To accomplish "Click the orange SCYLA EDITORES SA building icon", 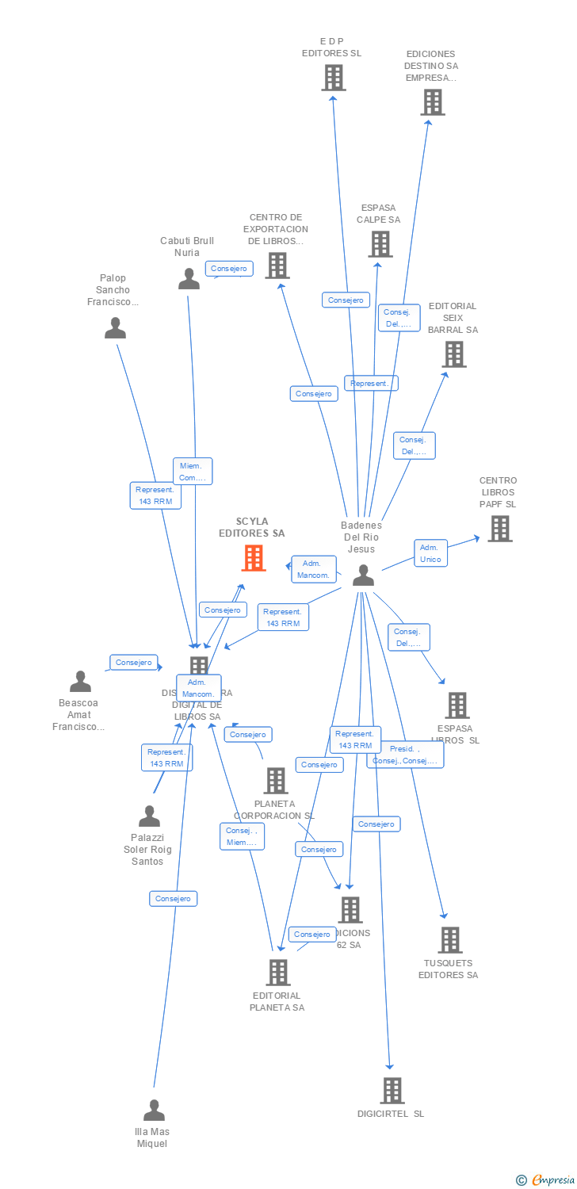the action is coord(254,558).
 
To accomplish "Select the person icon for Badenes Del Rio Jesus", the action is coord(363,575).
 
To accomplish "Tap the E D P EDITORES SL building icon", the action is coord(334,78).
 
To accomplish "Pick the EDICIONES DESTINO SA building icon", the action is coord(433,102).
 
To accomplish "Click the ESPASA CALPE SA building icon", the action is coord(380,244).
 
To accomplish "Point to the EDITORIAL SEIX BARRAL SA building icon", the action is coord(454,354).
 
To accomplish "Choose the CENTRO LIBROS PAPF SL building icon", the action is coord(499,529).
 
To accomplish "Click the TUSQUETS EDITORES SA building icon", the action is coord(449,940).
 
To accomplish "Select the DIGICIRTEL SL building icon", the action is coord(392,1091).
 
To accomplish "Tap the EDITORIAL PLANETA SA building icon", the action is coord(277,973).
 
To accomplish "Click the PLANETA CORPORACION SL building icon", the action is coord(275,781).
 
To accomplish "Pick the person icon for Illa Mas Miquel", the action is coord(154,1110).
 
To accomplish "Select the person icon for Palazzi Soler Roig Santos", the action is coord(149,816).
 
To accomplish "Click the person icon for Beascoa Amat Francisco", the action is coord(80,681).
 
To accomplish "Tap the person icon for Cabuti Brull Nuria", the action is coord(189,279).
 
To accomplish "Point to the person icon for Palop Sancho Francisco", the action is coord(115,327).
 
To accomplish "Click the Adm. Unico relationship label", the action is coord(430,553).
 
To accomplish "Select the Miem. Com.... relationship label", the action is coord(193,472).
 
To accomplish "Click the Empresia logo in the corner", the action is coord(545,1180).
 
